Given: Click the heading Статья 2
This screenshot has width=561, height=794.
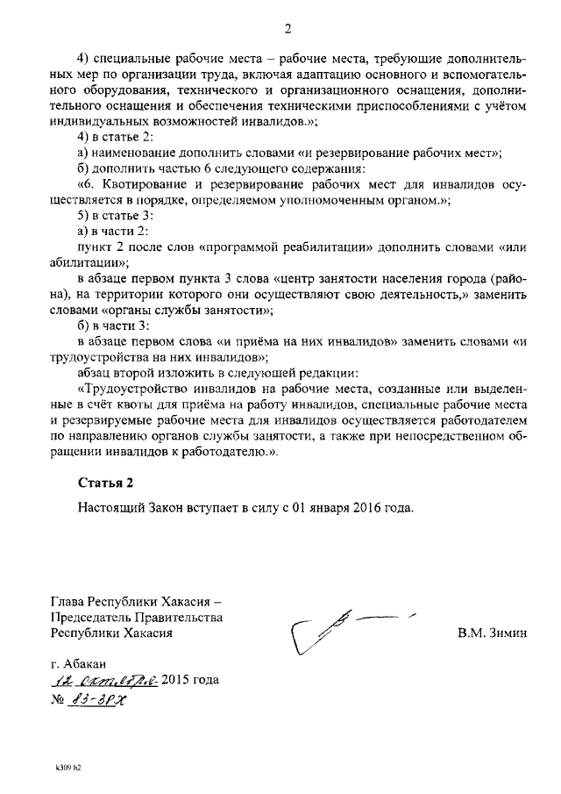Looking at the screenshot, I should (x=106, y=482).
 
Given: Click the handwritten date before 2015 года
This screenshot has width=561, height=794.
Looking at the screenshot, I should (x=104, y=681).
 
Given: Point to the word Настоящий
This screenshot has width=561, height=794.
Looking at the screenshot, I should (x=109, y=507).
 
